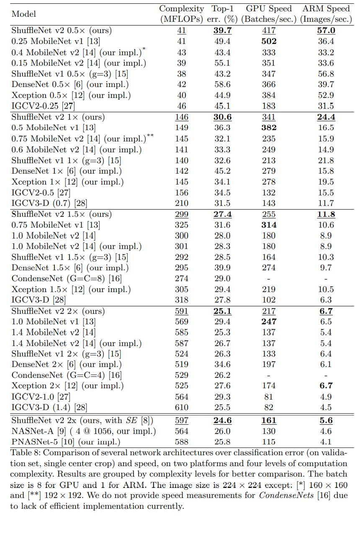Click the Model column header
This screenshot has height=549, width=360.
(24, 14)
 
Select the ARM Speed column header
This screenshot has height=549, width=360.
(326, 14)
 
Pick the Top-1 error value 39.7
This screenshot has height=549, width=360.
(222, 31)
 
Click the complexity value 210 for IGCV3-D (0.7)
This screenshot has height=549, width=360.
(182, 203)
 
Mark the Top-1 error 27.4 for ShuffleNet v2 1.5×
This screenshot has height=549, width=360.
(222, 214)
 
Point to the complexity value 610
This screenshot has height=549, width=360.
(182, 408)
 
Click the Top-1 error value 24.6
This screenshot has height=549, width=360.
(222, 421)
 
